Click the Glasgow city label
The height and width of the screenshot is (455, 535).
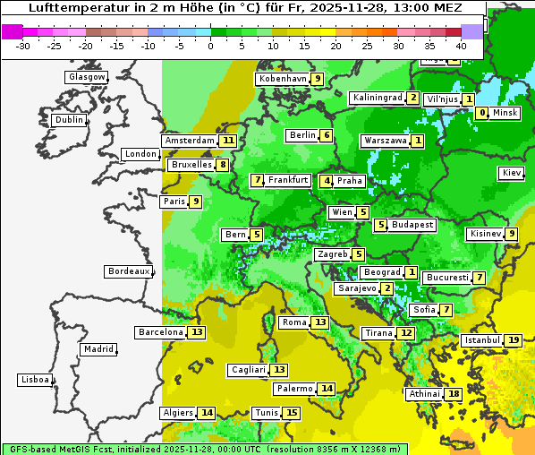[87, 77]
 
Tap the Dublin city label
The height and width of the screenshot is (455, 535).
[69, 120]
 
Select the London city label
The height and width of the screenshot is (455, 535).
[140, 154]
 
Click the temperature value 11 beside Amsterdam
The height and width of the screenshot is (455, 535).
[228, 141]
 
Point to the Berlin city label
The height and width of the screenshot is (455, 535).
[302, 135]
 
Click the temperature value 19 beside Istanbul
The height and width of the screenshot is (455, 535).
[514, 340]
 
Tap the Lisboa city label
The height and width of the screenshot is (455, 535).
[35, 380]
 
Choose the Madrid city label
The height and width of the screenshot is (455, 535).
[98, 349]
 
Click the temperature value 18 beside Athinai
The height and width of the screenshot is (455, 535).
[454, 394]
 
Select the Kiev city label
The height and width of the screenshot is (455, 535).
[512, 173]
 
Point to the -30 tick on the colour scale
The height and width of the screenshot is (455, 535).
[23, 46]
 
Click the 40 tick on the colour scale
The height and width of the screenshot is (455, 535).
[461, 46]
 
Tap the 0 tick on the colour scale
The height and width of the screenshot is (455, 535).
[211, 46]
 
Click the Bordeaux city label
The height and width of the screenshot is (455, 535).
[128, 271]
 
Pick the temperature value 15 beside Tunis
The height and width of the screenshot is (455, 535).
[292, 413]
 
